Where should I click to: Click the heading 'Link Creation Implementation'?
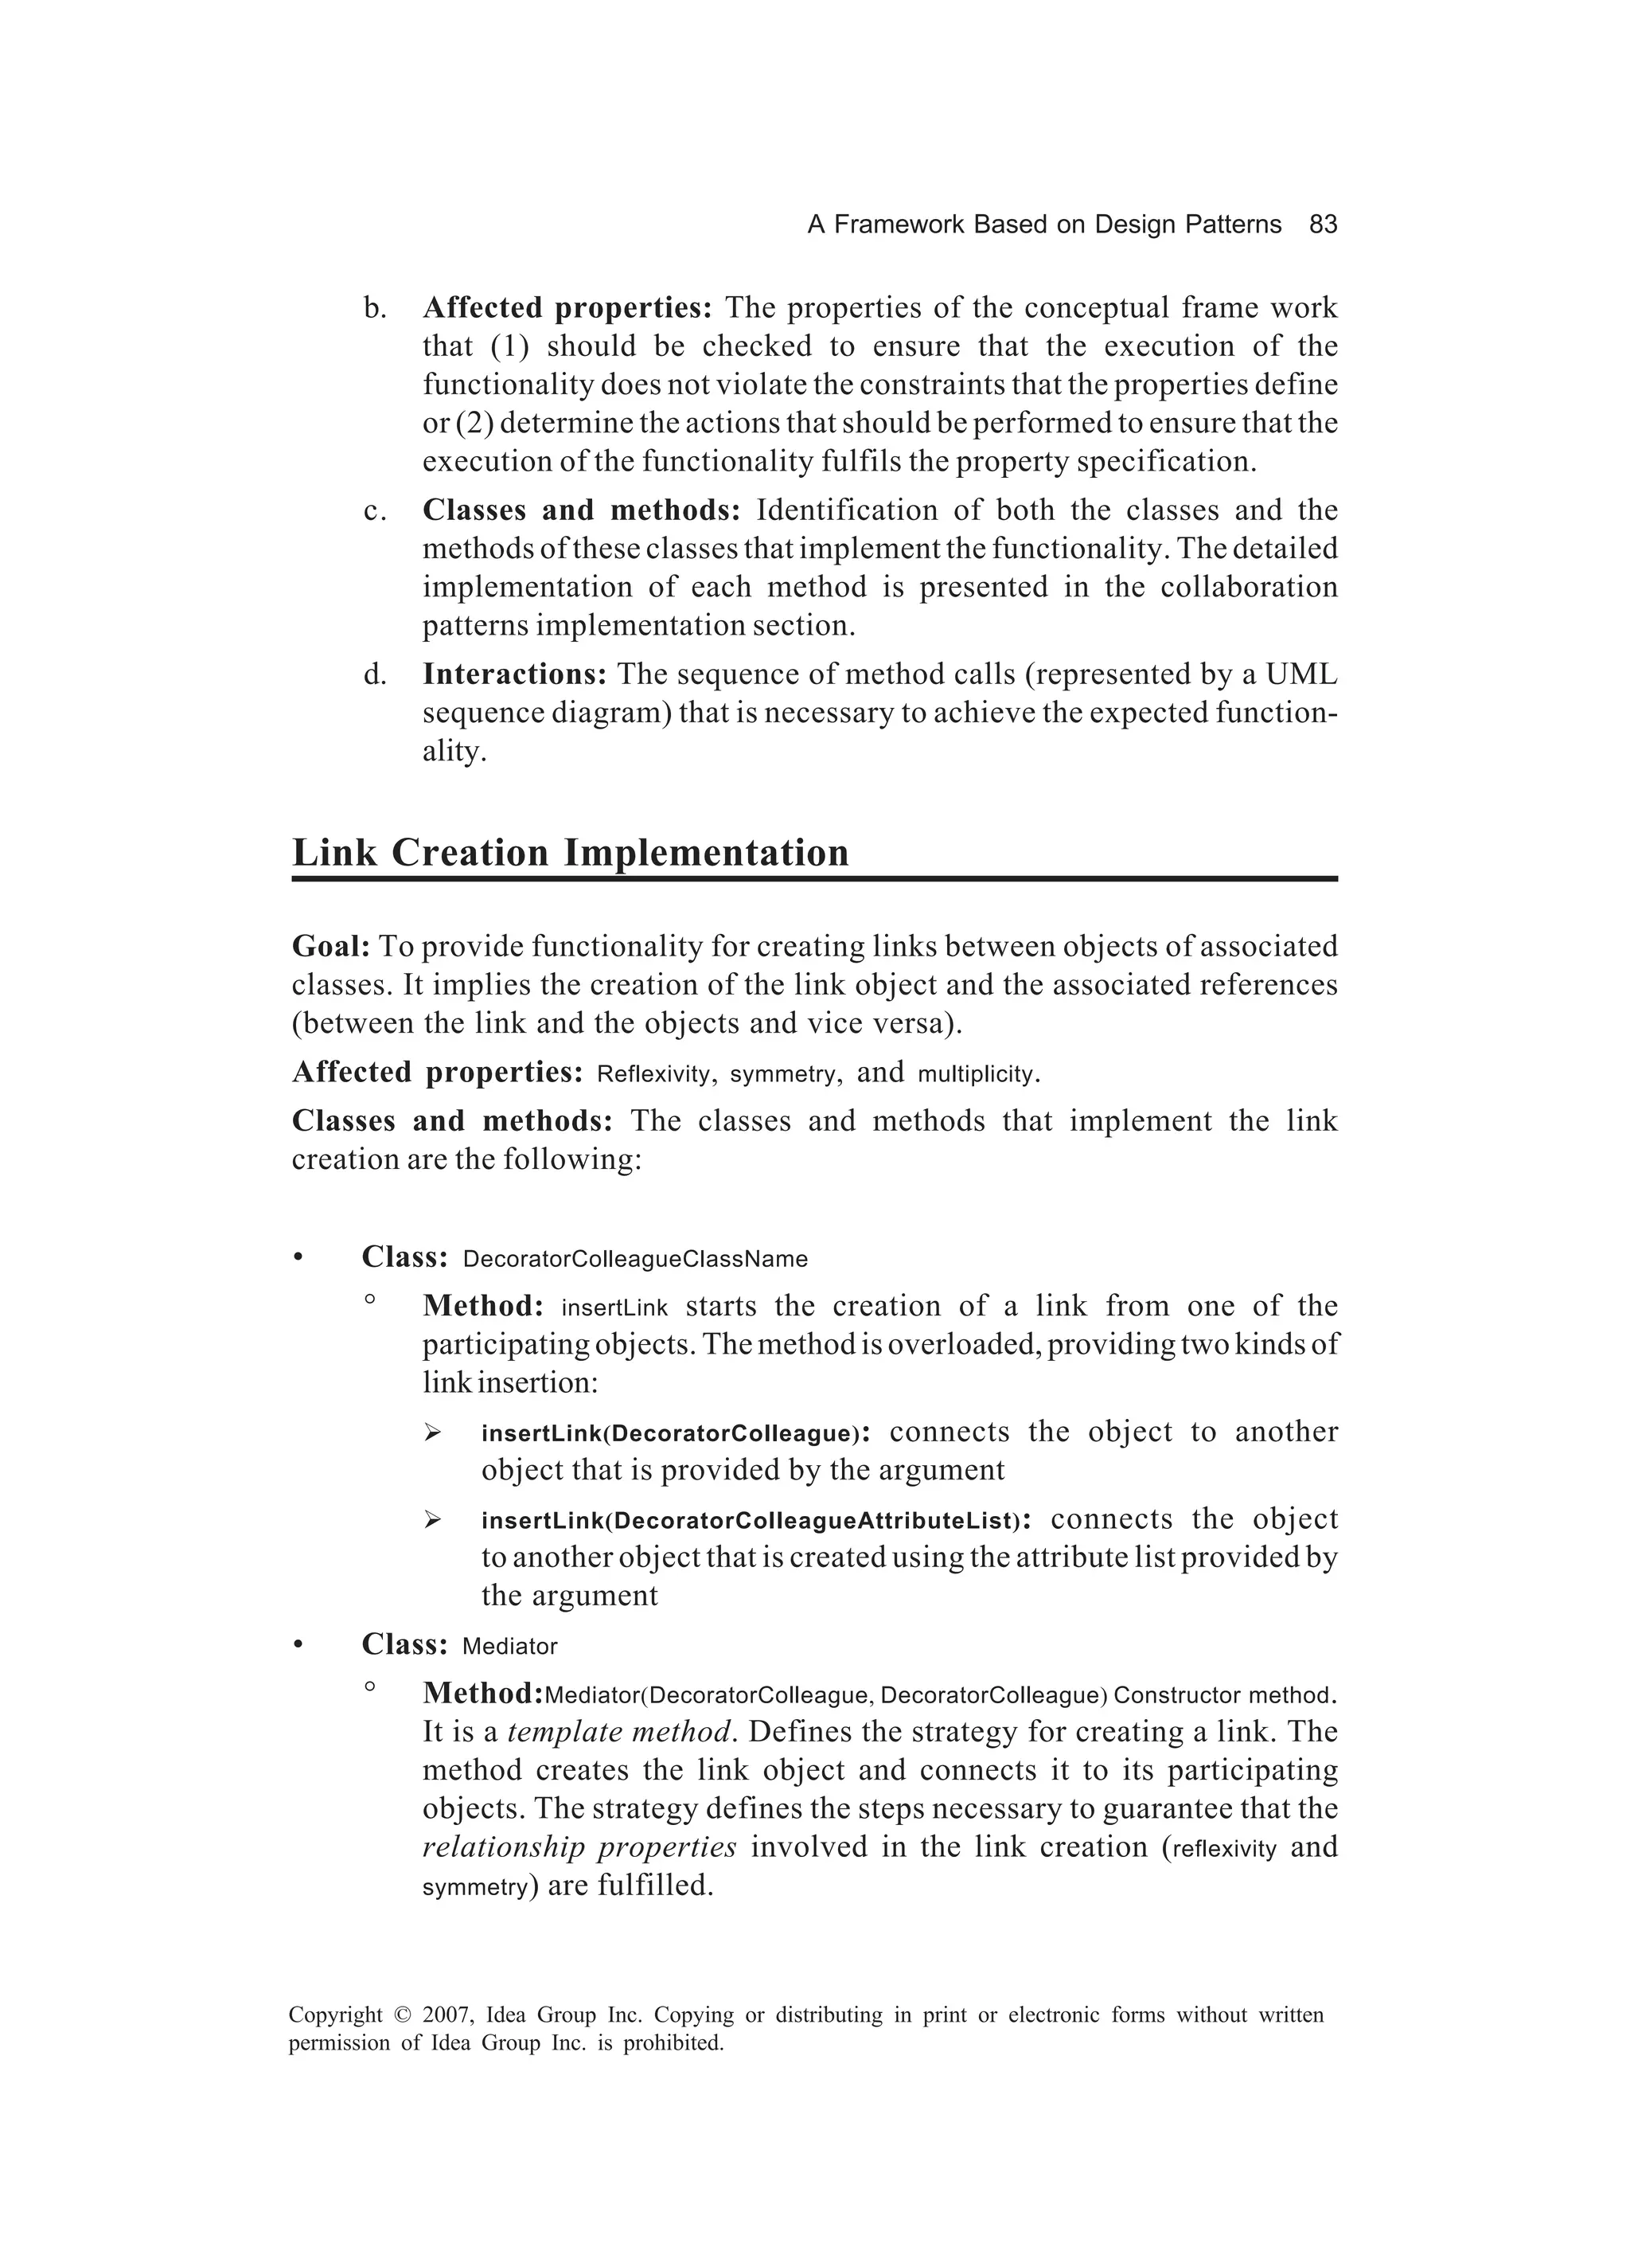tap(570, 853)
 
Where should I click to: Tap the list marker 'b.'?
tap(376, 309)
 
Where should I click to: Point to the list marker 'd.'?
tap(376, 674)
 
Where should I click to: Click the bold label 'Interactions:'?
tap(515, 674)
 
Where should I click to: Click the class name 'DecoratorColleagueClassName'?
tap(635, 1259)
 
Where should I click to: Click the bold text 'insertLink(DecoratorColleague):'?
tap(675, 1433)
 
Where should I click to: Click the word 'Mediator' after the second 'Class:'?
tap(510, 1647)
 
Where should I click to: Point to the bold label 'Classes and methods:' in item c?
tap(582, 510)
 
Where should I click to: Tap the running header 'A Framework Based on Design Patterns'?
tap(1043, 225)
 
